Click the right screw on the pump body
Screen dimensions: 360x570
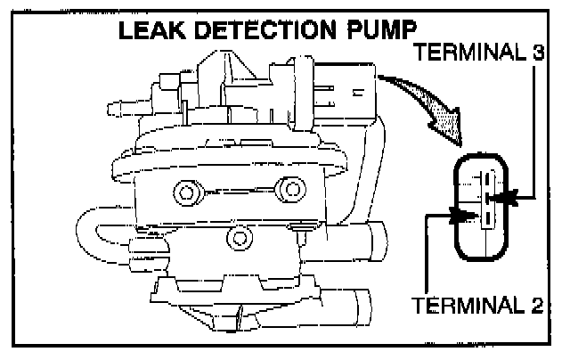pyautogui.click(x=288, y=189)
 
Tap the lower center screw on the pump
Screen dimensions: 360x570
pyautogui.click(x=237, y=237)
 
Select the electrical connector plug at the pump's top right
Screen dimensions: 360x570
pyautogui.click(x=343, y=87)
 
